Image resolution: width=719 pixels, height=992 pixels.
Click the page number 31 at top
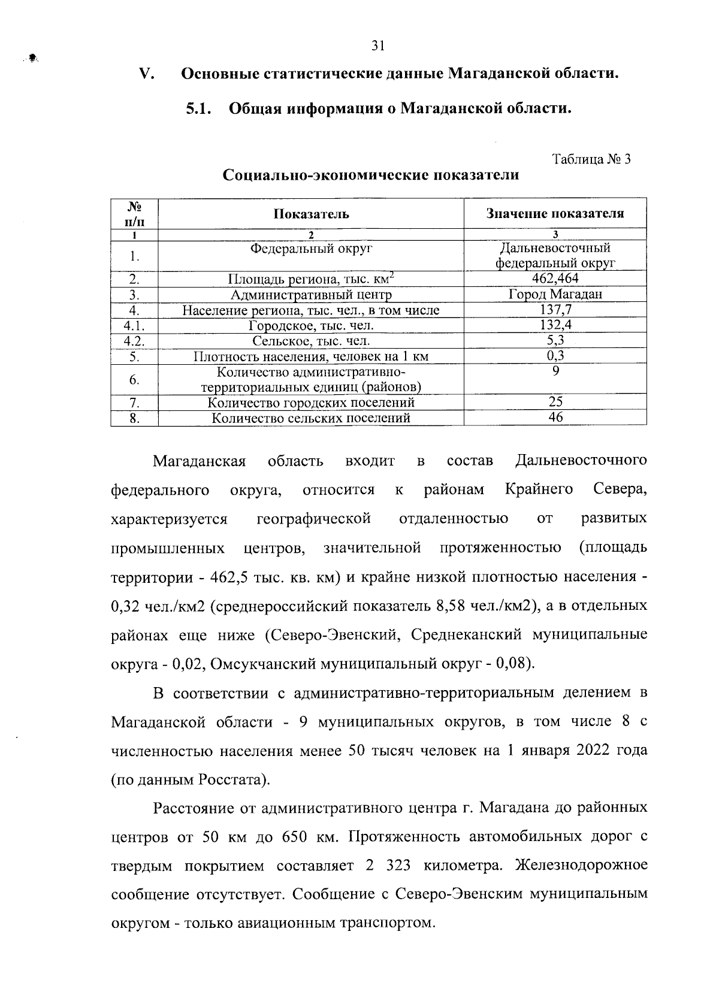tap(377, 46)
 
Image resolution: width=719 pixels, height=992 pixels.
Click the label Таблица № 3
tap(591, 159)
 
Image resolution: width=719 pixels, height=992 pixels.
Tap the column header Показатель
tap(311, 214)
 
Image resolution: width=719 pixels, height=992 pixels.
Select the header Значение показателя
tap(555, 214)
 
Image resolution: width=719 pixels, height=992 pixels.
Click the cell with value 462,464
tap(555, 279)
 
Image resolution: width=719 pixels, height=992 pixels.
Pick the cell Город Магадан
tap(555, 294)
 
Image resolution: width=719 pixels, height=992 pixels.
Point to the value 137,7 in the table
tap(555, 310)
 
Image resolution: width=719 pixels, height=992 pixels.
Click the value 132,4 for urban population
tap(555, 325)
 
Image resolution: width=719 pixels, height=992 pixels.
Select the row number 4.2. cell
tap(134, 341)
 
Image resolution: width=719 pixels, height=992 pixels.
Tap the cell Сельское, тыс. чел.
tap(311, 341)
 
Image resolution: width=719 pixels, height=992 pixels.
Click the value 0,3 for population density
tap(555, 356)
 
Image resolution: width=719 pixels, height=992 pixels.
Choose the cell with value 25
tap(555, 402)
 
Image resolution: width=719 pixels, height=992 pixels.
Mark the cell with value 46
tap(555, 418)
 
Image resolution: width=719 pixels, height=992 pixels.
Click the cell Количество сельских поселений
tap(311, 418)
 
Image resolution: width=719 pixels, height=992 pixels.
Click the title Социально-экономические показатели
tap(370, 176)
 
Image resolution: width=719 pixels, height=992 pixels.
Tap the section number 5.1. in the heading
tap(199, 109)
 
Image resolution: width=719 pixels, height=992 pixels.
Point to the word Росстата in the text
tap(232, 780)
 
